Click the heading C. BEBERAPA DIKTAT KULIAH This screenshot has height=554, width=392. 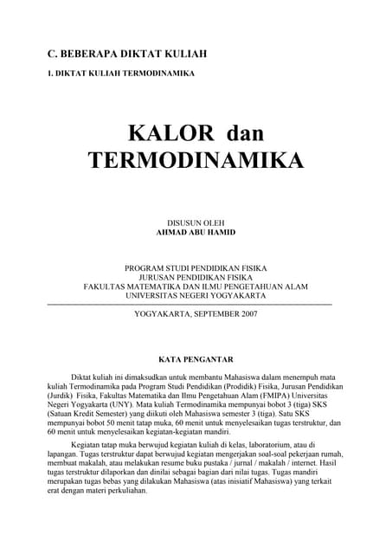pyautogui.click(x=127, y=55)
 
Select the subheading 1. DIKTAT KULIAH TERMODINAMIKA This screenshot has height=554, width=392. pyautogui.click(x=120, y=74)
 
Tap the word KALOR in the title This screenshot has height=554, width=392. pyautogui.click(x=170, y=133)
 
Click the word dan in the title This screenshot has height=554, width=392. pyautogui.click(x=245, y=133)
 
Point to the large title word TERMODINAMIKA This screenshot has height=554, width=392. pyautogui.click(x=196, y=161)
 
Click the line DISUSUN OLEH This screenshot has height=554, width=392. pyautogui.click(x=196, y=223)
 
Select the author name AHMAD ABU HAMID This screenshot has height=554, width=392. pyautogui.click(x=196, y=233)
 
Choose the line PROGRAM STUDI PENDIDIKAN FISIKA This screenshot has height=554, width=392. pyautogui.click(x=196, y=268)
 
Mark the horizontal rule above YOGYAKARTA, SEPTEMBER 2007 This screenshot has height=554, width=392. pyautogui.click(x=189, y=305)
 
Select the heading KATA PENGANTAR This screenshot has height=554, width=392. pyautogui.click(x=196, y=358)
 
